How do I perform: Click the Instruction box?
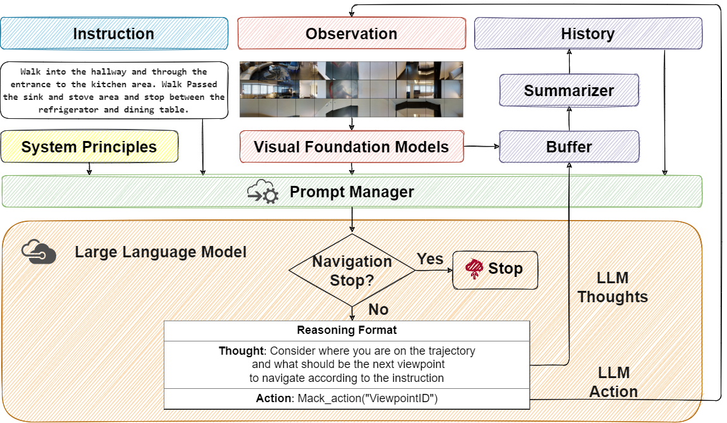coord(114,34)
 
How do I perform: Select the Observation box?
coord(351,34)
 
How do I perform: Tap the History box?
coord(588,34)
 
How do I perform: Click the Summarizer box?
coord(569,90)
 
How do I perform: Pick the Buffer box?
coord(569,147)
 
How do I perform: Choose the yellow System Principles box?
coord(89,147)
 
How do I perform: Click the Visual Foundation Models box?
coord(351,147)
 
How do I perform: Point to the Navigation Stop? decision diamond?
coord(352,271)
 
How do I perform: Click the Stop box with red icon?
coord(495,269)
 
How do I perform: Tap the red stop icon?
coord(473,269)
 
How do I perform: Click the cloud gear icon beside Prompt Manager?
coord(262,192)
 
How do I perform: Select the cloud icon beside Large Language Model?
coord(39,252)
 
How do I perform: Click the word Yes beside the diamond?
coord(430,259)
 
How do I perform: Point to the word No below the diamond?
coord(378,309)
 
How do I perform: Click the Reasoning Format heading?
coord(346,330)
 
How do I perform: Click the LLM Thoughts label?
coord(612,288)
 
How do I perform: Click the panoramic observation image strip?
coord(351,89)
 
